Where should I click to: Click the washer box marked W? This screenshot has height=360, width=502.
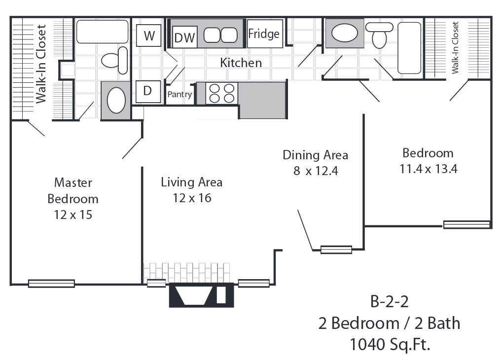(148, 36)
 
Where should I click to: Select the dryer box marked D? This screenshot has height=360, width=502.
(148, 92)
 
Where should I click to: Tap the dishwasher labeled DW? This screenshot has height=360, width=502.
(185, 37)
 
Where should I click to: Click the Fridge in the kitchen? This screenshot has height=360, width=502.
(265, 34)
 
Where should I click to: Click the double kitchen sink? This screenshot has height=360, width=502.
(220, 35)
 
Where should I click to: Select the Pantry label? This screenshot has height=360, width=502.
(179, 94)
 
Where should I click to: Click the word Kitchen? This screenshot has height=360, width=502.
(241, 63)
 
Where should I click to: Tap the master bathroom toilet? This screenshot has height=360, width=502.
(115, 60)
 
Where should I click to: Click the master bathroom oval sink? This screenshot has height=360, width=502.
(116, 101)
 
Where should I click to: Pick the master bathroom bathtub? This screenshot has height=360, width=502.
(103, 32)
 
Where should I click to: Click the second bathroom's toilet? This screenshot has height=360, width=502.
(379, 35)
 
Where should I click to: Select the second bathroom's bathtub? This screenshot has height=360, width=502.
(409, 48)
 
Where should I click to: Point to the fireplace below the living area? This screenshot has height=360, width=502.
(201, 295)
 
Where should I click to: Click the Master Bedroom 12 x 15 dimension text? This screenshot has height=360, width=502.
(73, 215)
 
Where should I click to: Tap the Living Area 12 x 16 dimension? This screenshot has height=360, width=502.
(192, 198)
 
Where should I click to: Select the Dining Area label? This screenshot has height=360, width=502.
(315, 155)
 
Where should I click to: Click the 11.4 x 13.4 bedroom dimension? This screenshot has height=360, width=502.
(429, 169)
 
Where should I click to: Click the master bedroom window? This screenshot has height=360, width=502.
(52, 284)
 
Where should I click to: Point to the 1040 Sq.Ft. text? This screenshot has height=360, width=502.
(390, 345)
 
